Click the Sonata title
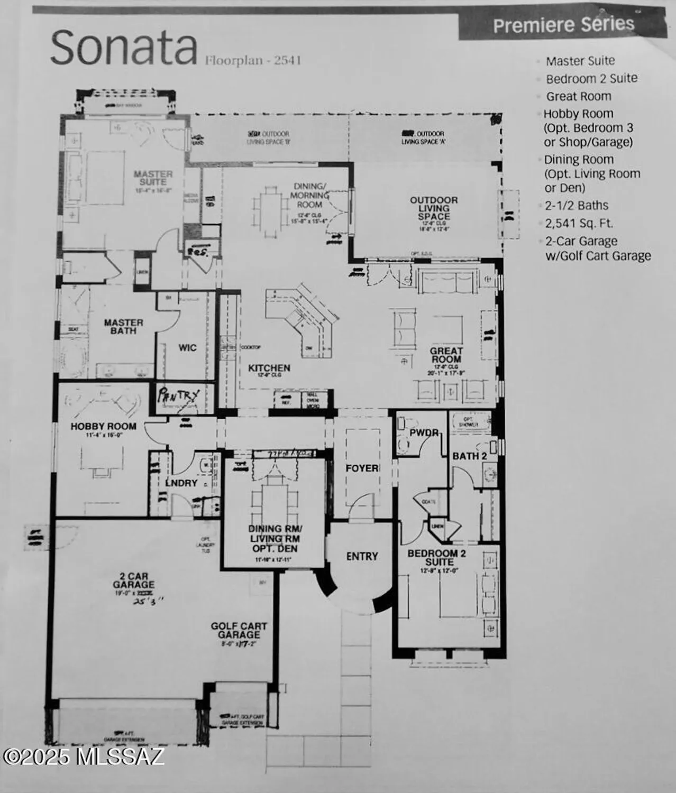[x=124, y=48]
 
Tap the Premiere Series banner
[x=563, y=25]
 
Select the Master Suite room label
[x=153, y=178]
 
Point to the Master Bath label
[x=123, y=326]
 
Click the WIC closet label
[x=187, y=347]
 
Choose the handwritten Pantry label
[x=179, y=395]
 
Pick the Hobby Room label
[x=104, y=426]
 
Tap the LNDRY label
[x=181, y=483]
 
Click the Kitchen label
[x=269, y=368]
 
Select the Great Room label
[x=446, y=355]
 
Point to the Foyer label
[x=362, y=468]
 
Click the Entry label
[x=362, y=556]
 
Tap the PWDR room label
[x=424, y=432]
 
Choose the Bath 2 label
[x=469, y=456]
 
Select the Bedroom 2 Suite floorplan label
[x=436, y=557]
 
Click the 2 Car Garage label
[x=133, y=580]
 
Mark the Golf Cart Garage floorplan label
[x=239, y=630]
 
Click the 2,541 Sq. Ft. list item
[x=579, y=223]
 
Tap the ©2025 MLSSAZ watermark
[x=84, y=757]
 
